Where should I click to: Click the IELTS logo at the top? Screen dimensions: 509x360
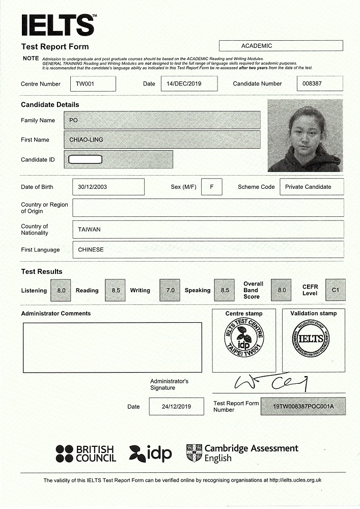coord(58,24)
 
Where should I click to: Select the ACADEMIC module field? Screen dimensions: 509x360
coord(281,46)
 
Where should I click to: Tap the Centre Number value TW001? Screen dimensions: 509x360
coord(93,84)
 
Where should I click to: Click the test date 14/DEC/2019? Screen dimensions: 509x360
coord(188,84)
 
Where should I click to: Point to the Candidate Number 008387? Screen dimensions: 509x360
coord(320,84)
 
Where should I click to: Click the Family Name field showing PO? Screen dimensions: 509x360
coord(162,121)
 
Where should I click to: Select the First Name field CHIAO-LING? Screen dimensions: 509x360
coord(162,139)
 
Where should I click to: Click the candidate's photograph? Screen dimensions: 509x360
coord(305,135)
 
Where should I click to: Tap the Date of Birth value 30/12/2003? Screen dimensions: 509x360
coord(108,187)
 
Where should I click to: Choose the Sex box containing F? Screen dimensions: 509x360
coord(212,187)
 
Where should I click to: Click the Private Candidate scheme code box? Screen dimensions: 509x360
coord(312,187)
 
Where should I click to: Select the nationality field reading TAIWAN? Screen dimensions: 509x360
coord(208,230)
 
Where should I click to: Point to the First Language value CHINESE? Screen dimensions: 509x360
coord(208,250)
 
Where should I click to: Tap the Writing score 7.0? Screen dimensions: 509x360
coord(170,290)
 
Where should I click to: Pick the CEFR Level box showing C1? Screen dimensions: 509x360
coord(335,290)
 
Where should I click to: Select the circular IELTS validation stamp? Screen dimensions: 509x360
coord(311,340)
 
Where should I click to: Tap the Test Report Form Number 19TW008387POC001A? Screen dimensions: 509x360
coord(303,407)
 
